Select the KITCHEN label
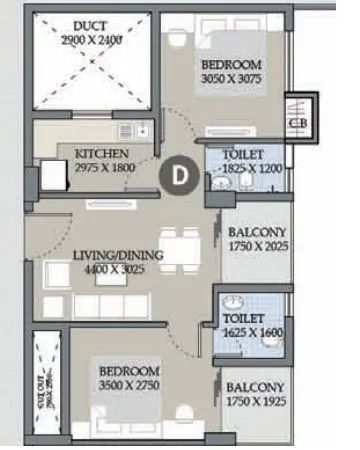click(103, 153)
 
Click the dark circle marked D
click(179, 173)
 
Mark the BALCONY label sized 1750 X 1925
click(256, 387)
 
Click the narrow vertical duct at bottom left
click(44, 383)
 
